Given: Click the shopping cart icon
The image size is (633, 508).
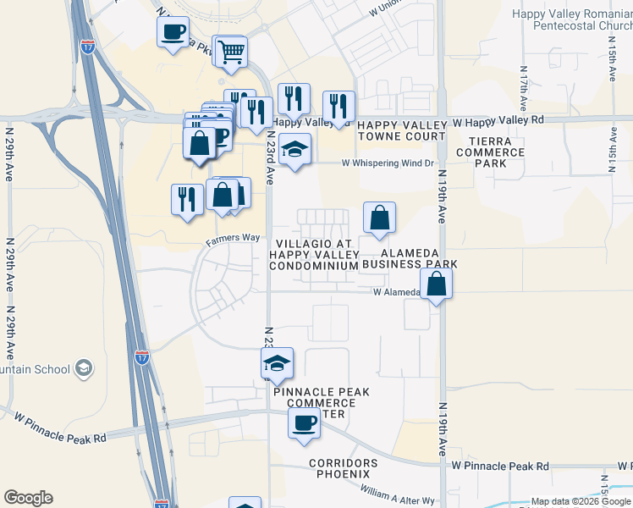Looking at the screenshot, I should point(231,52).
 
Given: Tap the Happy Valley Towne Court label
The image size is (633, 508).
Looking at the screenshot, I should point(401,130).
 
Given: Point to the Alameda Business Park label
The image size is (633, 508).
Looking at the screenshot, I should point(410,258).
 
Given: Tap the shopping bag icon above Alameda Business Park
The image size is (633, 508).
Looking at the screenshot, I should point(380,217).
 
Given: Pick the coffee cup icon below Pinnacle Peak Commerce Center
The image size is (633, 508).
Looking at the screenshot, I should point(303,425).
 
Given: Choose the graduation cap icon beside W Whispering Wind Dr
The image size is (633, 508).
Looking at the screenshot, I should point(294,150).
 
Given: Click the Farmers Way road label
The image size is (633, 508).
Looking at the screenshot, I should point(233,238).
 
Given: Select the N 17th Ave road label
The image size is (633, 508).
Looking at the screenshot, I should point(524,91).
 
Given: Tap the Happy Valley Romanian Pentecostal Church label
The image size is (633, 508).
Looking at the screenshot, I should point(572,19).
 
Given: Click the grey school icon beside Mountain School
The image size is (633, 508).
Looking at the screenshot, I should point(83,368).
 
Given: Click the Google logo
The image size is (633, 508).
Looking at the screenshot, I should point(28,498).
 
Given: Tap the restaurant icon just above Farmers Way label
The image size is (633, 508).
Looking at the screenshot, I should point(186,199).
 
